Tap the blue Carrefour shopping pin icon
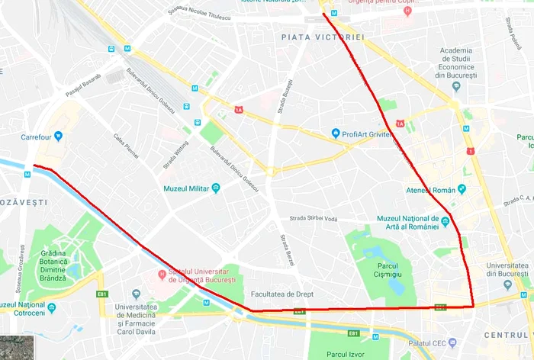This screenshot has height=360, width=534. click(58, 137)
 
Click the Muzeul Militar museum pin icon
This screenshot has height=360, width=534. click(216, 188)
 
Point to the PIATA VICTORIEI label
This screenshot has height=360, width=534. click(323, 37)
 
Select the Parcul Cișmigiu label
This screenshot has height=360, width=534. click(378, 269)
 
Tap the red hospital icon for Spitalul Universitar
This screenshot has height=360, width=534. click(162, 275)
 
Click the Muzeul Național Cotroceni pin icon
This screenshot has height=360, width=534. click(51, 308)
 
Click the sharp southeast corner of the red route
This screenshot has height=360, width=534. click(473, 307)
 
